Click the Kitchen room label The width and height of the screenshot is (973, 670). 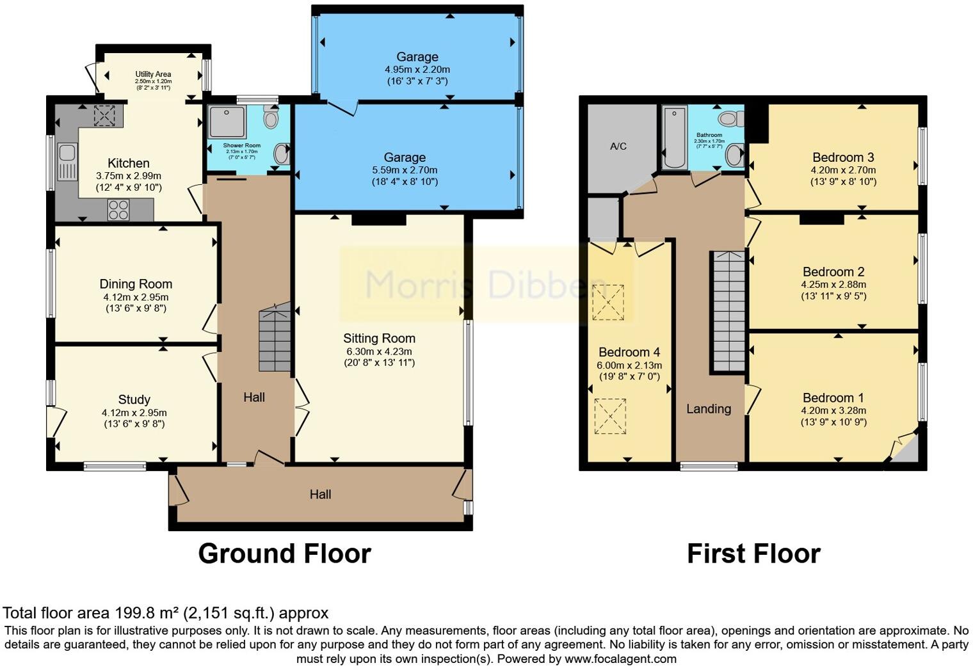pos(128,163)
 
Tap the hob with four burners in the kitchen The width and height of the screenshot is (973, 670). pos(118,210)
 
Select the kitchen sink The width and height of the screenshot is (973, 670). pos(66,161)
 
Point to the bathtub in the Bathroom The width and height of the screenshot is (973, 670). pos(675,138)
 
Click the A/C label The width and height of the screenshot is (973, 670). pos(618,147)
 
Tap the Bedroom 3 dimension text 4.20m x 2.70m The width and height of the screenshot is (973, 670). pos(842,170)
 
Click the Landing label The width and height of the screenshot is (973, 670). pos(708,409)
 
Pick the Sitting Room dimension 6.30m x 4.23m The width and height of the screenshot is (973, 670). pos(379,351)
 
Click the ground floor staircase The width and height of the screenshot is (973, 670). pos(275,339)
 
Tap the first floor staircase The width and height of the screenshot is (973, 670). pos(728,312)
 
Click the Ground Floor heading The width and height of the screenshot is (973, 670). pos(284,554)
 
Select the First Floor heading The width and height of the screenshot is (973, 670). pos(753,554)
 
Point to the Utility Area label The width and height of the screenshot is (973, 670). pos(153,74)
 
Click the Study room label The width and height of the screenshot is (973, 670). pos(134,400)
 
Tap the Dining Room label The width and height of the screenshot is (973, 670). pos(136,284)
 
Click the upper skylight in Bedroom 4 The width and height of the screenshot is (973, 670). pos(609,302)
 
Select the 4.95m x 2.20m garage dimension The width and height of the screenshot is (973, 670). pos(417,69)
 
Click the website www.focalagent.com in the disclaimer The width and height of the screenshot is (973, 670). pos(620,658)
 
